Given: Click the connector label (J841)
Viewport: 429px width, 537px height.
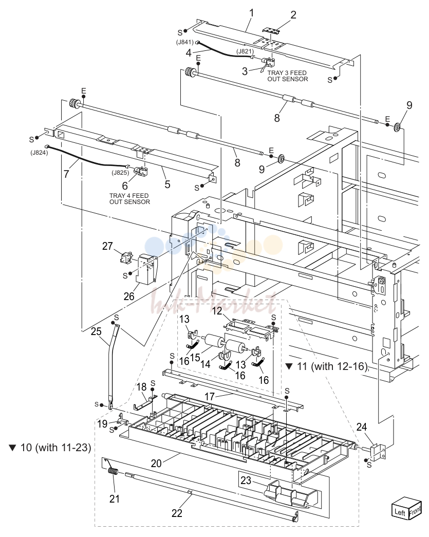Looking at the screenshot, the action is [185, 43].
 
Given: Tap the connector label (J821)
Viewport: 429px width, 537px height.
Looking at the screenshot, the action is [245, 51].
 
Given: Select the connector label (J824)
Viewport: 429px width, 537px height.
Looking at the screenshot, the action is [39, 153].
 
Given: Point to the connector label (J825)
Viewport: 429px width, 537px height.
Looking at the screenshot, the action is [120, 173].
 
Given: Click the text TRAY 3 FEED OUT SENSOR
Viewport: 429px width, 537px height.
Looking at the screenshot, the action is [288, 76].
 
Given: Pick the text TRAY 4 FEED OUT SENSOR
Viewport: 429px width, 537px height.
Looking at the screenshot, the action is [129, 199].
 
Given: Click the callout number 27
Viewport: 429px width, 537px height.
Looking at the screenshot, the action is [107, 246].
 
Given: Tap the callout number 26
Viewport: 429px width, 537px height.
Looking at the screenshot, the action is [129, 296].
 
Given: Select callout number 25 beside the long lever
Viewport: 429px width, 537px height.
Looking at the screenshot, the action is [96, 331].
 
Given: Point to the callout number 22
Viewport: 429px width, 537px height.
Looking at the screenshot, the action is [177, 513].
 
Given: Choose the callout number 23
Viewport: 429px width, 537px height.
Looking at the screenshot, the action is [246, 480].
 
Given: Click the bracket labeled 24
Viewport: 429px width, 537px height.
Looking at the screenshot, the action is [377, 451].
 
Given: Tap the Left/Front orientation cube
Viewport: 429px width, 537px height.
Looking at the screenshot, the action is [407, 508].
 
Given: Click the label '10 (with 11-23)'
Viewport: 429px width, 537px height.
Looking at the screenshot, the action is [50, 447].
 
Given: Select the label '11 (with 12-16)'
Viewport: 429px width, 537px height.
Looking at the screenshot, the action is [327, 366].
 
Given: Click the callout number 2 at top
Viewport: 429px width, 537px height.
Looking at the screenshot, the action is [293, 15].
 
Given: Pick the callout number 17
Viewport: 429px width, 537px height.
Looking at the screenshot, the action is [210, 396].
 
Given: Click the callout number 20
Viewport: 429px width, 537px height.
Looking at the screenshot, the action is [156, 464].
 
